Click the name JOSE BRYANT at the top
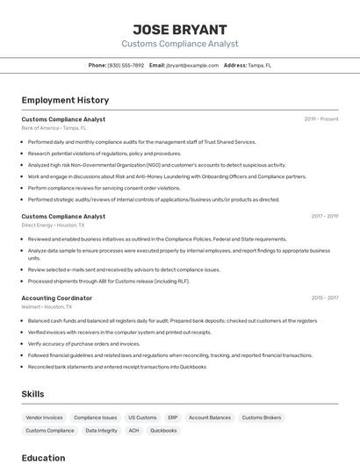click(179, 29)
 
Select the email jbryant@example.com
click(192, 65)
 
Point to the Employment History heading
click(65, 100)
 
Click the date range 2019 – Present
click(320, 118)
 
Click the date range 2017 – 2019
click(324, 216)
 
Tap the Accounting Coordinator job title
click(56, 298)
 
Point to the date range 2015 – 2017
click(324, 298)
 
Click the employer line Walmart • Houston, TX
click(47, 307)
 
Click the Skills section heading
click(32, 394)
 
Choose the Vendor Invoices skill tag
click(45, 418)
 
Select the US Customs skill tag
click(142, 418)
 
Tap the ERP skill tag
click(173, 418)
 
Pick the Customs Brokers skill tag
click(262, 418)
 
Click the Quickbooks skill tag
click(163, 431)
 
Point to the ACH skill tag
click(133, 431)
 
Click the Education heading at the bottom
click(43, 458)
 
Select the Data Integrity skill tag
click(102, 431)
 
